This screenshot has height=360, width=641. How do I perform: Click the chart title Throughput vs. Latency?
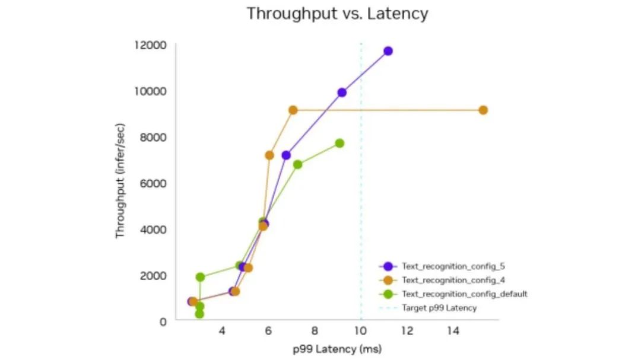point(337,14)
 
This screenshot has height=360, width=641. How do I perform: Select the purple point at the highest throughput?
point(388,51)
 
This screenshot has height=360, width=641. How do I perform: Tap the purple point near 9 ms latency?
point(342,93)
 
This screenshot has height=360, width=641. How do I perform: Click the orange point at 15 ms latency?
point(483,110)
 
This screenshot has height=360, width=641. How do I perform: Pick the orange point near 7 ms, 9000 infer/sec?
point(293,110)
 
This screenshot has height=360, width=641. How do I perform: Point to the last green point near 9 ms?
point(339,144)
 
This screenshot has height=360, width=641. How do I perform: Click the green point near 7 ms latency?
point(297,164)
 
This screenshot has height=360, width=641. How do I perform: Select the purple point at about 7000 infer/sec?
point(286,155)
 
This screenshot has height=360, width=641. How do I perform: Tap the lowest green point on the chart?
point(199,314)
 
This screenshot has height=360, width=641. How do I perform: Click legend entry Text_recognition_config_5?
point(453,266)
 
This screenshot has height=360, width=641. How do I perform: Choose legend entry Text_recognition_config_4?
point(453,279)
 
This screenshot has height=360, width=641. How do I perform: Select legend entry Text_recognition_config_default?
point(464,294)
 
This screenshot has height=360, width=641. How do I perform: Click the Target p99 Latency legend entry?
point(439,308)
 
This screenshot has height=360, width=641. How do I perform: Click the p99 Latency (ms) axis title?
point(337,349)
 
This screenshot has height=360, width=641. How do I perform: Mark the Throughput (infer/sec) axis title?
point(120,183)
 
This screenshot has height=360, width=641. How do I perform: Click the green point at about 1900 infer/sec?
point(200,277)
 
